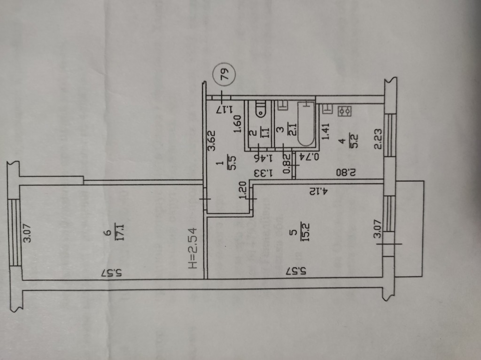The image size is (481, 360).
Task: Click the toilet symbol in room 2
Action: [x=260, y=109]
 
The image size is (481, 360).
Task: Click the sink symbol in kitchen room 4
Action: [x=328, y=109]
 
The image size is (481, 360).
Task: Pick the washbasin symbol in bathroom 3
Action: [x=282, y=106]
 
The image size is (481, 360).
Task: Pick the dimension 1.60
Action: [x=237, y=125]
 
